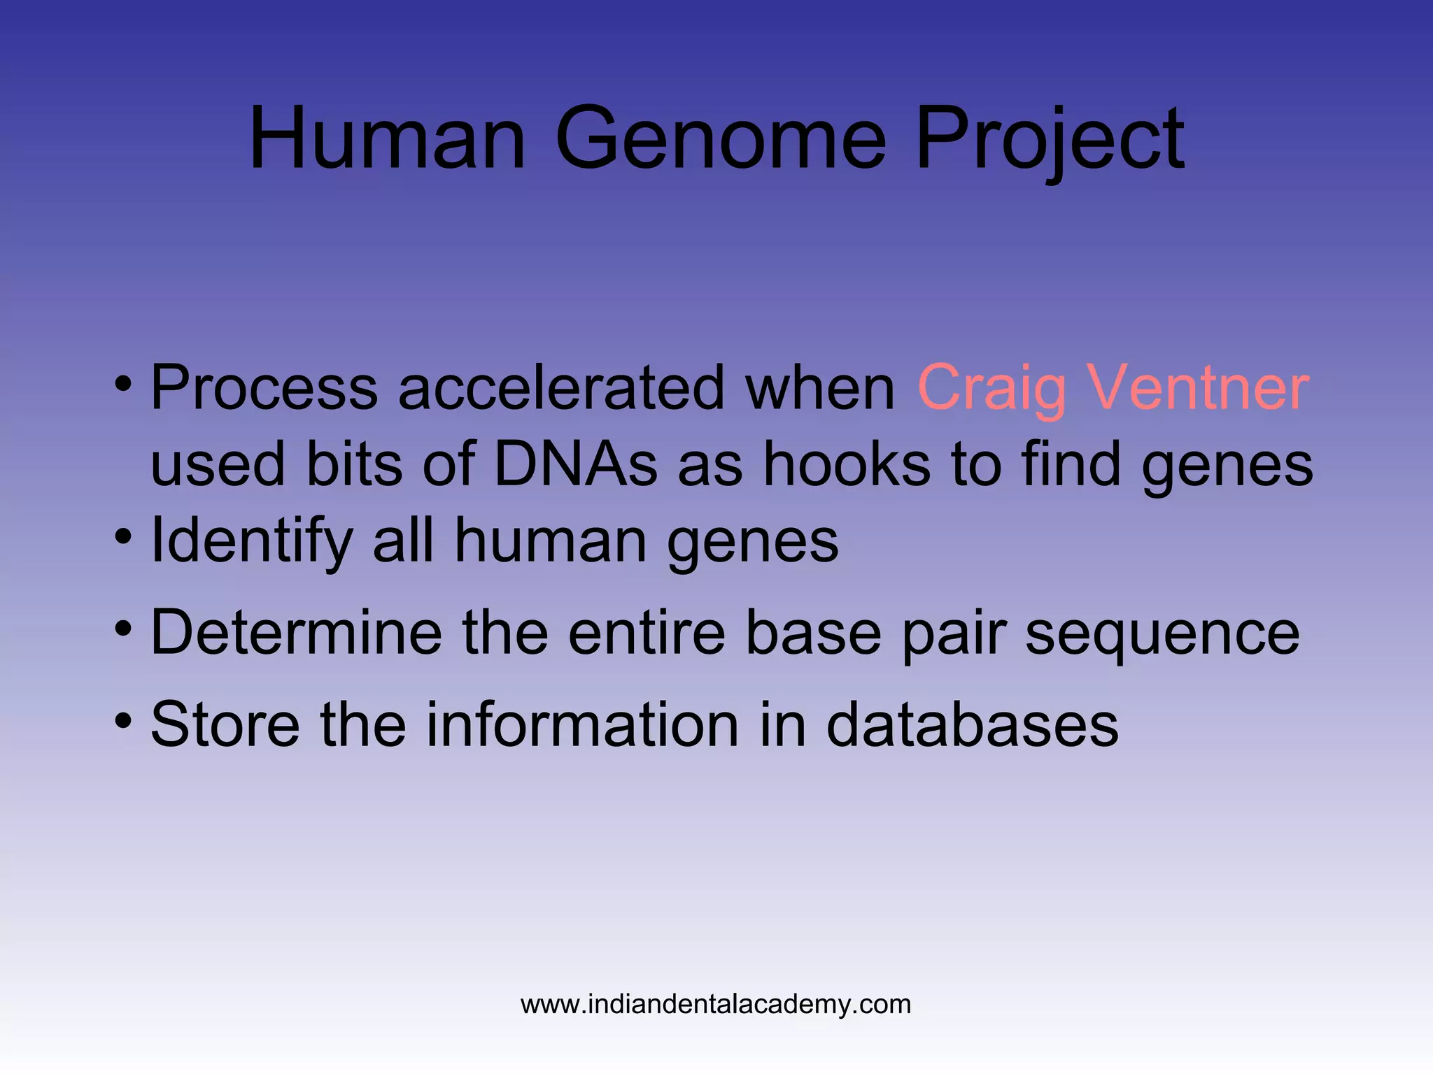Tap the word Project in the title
click(1049, 140)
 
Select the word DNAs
click(576, 464)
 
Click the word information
click(582, 724)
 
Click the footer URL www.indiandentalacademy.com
click(716, 1004)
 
